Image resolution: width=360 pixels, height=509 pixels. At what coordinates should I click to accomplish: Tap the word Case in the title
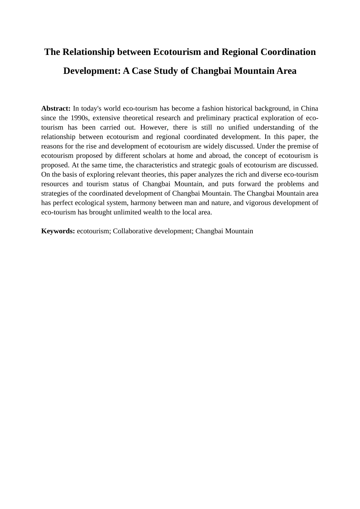pyautogui.click(x=142, y=71)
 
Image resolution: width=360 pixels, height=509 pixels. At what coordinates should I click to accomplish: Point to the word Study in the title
pyautogui.click(x=166, y=71)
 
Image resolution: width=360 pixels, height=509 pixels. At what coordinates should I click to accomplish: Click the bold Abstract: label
pyautogui.click(x=56, y=108)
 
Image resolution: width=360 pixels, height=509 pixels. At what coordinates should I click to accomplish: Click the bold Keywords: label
pyautogui.click(x=58, y=231)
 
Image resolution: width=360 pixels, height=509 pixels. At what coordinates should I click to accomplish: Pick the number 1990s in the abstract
pyautogui.click(x=80, y=118)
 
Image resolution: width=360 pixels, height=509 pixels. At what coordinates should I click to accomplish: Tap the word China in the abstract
pyautogui.click(x=309, y=108)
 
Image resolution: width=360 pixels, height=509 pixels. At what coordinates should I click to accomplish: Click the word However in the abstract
pyautogui.click(x=153, y=127)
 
